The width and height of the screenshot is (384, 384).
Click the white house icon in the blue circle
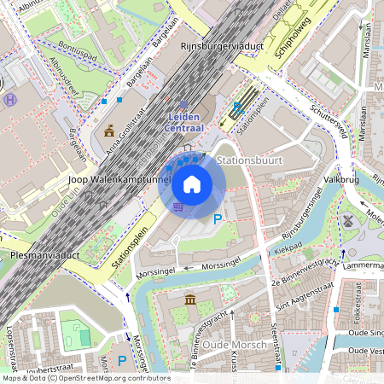192,184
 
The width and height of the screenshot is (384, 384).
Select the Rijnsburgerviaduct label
219,44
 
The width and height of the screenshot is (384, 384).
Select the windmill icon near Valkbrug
347,219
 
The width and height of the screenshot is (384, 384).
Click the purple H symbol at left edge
9,100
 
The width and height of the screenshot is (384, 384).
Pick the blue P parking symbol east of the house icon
217,220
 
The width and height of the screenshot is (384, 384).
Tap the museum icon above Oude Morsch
189,300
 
